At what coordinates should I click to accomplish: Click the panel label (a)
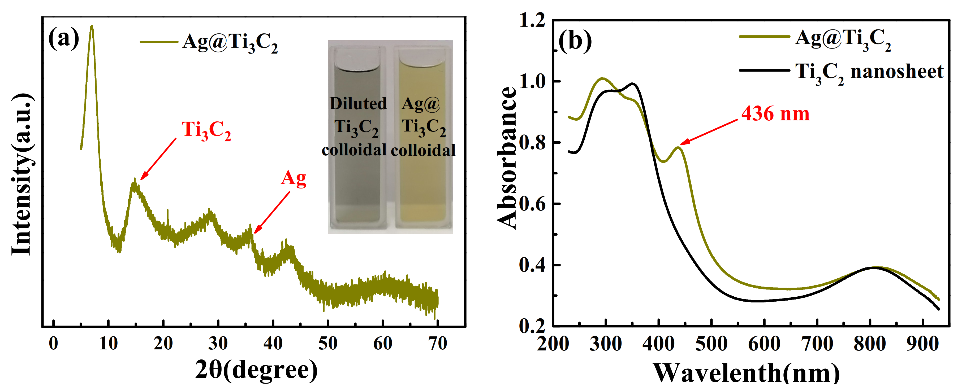63,38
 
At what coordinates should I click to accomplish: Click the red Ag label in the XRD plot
294,179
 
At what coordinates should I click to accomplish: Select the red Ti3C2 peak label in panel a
206,131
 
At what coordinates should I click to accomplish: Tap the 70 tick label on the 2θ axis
437,343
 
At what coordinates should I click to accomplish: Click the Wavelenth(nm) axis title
747,373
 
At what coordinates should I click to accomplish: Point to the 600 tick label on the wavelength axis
764,344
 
